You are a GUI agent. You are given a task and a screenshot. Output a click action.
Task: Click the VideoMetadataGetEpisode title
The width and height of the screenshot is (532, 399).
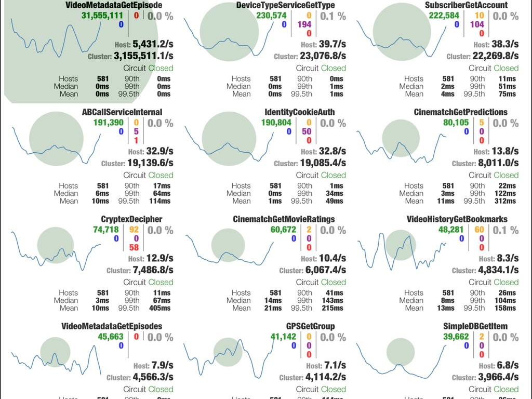(x=114, y=5)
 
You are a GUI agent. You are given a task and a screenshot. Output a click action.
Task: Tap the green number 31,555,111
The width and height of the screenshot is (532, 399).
(x=102, y=16)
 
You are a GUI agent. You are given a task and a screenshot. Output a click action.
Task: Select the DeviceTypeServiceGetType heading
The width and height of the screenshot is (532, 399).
(x=285, y=5)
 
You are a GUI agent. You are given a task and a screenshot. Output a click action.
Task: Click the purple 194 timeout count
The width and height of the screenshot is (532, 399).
(x=304, y=24)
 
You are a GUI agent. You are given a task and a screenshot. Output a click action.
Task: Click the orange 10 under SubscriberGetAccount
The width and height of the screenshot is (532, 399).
(x=480, y=16)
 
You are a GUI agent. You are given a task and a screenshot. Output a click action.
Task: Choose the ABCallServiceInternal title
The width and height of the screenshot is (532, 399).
(x=122, y=112)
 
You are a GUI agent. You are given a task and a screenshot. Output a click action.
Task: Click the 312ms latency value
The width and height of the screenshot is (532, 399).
(x=505, y=201)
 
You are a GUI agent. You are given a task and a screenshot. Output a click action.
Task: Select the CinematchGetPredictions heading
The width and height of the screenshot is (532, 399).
(x=461, y=112)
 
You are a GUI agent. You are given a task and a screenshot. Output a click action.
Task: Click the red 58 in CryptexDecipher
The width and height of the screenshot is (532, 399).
(x=134, y=248)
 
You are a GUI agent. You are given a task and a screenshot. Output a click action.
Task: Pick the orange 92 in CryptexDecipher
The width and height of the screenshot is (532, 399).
(x=134, y=230)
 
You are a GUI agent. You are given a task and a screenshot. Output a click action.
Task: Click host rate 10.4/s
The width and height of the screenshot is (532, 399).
(x=332, y=258)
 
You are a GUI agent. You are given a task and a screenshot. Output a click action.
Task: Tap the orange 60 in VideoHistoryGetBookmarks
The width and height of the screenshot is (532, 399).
(x=479, y=230)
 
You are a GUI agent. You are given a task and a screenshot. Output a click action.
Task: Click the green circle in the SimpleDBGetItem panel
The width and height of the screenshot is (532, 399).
(x=400, y=351)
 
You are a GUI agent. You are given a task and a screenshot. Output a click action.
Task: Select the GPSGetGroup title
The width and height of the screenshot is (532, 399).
(x=310, y=326)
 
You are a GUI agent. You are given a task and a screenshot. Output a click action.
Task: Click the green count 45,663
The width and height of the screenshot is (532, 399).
(x=111, y=337)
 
